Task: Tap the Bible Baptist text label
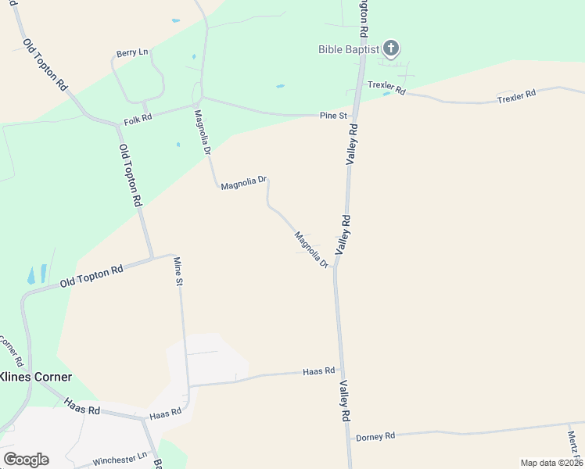pyautogui.click(x=349, y=49)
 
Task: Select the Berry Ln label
pyautogui.click(x=132, y=52)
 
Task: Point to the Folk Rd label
pyautogui.click(x=138, y=121)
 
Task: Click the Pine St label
pyautogui.click(x=333, y=116)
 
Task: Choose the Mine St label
pyautogui.click(x=178, y=270)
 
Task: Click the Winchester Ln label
pyautogui.click(x=120, y=460)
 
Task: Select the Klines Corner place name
pyautogui.click(x=36, y=377)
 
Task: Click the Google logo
pyautogui.click(x=26, y=460)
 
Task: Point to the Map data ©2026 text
pyautogui.click(x=551, y=463)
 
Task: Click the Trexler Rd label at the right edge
pyautogui.click(x=517, y=94)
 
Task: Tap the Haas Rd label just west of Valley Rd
pyautogui.click(x=318, y=371)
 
